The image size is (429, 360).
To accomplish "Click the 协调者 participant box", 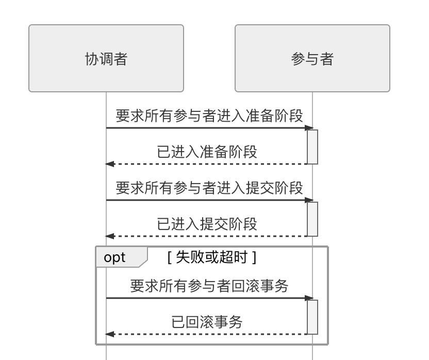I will pos(106,58).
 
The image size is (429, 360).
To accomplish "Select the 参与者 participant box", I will pos(312,58).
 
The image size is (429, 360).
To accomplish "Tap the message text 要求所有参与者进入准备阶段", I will pos(209,116).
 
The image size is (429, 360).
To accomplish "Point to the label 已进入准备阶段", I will pos(207,152).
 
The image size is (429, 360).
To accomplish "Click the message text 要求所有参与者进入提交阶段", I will pos(209,188).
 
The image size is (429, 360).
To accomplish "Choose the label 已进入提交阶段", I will pos(207,224).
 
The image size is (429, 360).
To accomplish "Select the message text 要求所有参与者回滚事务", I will pos(209,286).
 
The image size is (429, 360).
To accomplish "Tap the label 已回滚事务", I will pos(207,322).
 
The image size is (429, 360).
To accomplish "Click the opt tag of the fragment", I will pos(115,257).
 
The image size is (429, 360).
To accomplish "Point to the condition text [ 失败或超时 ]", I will pos(212,257).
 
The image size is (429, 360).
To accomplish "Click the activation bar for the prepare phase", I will pos(312,146).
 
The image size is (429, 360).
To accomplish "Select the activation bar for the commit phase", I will pos(312,219).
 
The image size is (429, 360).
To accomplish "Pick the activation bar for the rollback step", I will pos(312,317).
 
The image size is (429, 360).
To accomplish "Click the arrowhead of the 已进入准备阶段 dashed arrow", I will pos(109,164).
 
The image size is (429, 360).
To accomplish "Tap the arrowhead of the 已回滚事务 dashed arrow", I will pos(109,334).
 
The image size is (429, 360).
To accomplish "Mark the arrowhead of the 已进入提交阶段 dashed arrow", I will pos(109,236).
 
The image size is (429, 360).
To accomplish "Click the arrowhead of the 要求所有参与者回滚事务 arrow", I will pos(309,298).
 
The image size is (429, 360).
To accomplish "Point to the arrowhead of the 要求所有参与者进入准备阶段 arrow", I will pos(309,128).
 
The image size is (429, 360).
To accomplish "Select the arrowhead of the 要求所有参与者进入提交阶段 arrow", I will pos(309,200).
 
